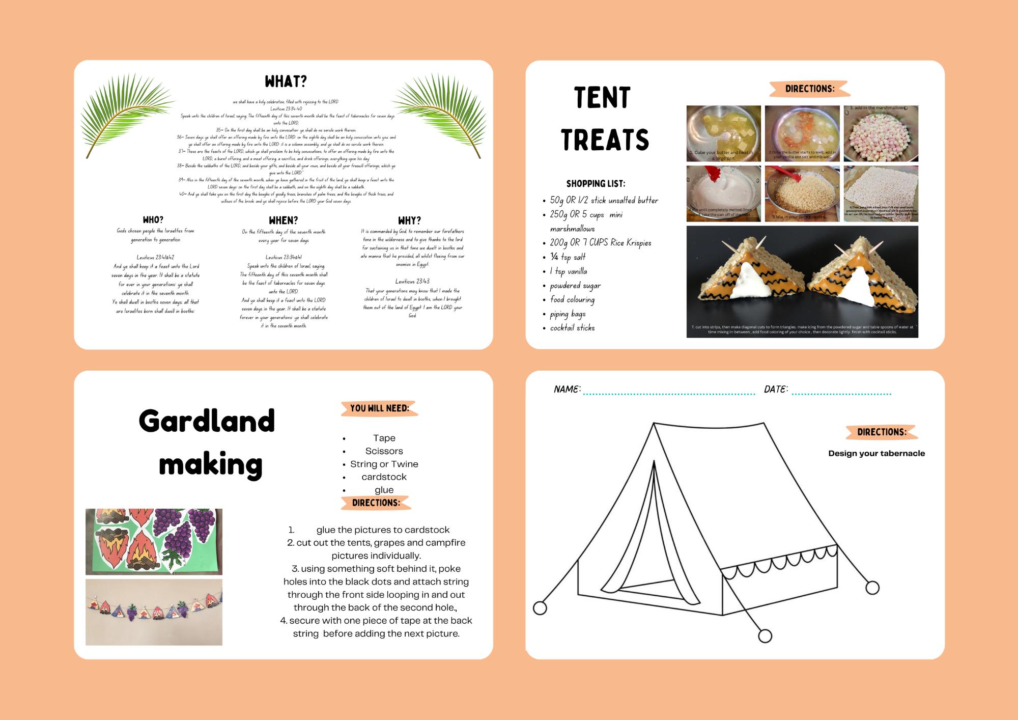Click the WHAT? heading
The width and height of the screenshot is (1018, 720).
[x=286, y=81]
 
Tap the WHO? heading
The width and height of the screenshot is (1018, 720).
[x=153, y=220]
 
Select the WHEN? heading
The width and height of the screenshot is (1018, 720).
[x=283, y=220]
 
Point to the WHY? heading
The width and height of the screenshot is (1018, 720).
[x=409, y=220]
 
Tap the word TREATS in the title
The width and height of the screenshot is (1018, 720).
[x=605, y=140]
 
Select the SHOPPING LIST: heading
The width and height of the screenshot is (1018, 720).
[x=596, y=183]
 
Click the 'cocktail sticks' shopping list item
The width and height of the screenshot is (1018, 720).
[x=572, y=328]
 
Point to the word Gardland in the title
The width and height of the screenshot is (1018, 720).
[x=207, y=421]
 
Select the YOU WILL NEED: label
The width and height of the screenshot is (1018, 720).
[x=379, y=408]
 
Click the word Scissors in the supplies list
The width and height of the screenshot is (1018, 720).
[x=384, y=451]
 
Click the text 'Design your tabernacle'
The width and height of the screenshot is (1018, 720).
[x=876, y=453]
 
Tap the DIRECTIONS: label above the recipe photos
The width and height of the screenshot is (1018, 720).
[x=809, y=89]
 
